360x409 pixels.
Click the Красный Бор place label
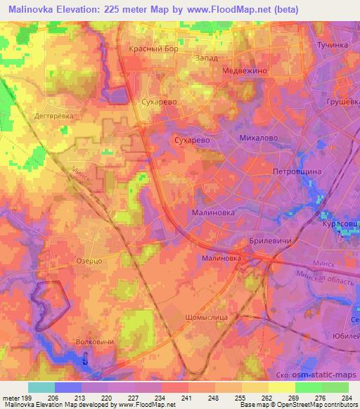pos(155,49)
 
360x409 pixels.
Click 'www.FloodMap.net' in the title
pos(219,10)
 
